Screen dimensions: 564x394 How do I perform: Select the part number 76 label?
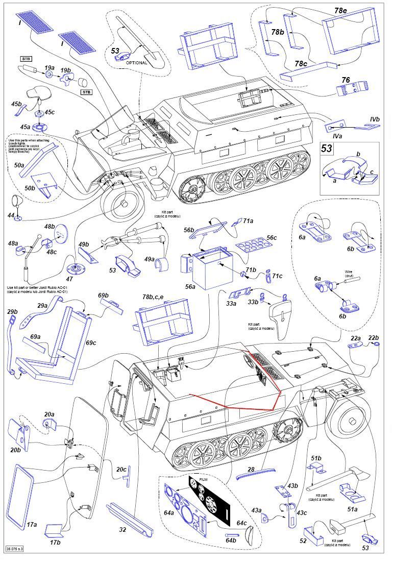coord(346,80)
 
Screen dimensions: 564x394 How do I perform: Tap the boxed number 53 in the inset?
coord(327,149)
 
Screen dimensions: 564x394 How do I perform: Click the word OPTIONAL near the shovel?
coord(136,63)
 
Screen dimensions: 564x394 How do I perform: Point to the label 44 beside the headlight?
coord(11,216)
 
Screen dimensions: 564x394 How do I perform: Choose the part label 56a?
coord(190,287)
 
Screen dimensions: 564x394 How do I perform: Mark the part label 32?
coord(122,530)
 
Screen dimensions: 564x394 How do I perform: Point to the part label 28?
coord(251,468)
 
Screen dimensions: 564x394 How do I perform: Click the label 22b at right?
coord(374,337)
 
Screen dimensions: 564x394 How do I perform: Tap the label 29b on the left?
coord(12,311)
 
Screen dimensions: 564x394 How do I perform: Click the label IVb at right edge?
coord(375,119)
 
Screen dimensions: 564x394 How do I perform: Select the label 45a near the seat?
coord(25,127)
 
